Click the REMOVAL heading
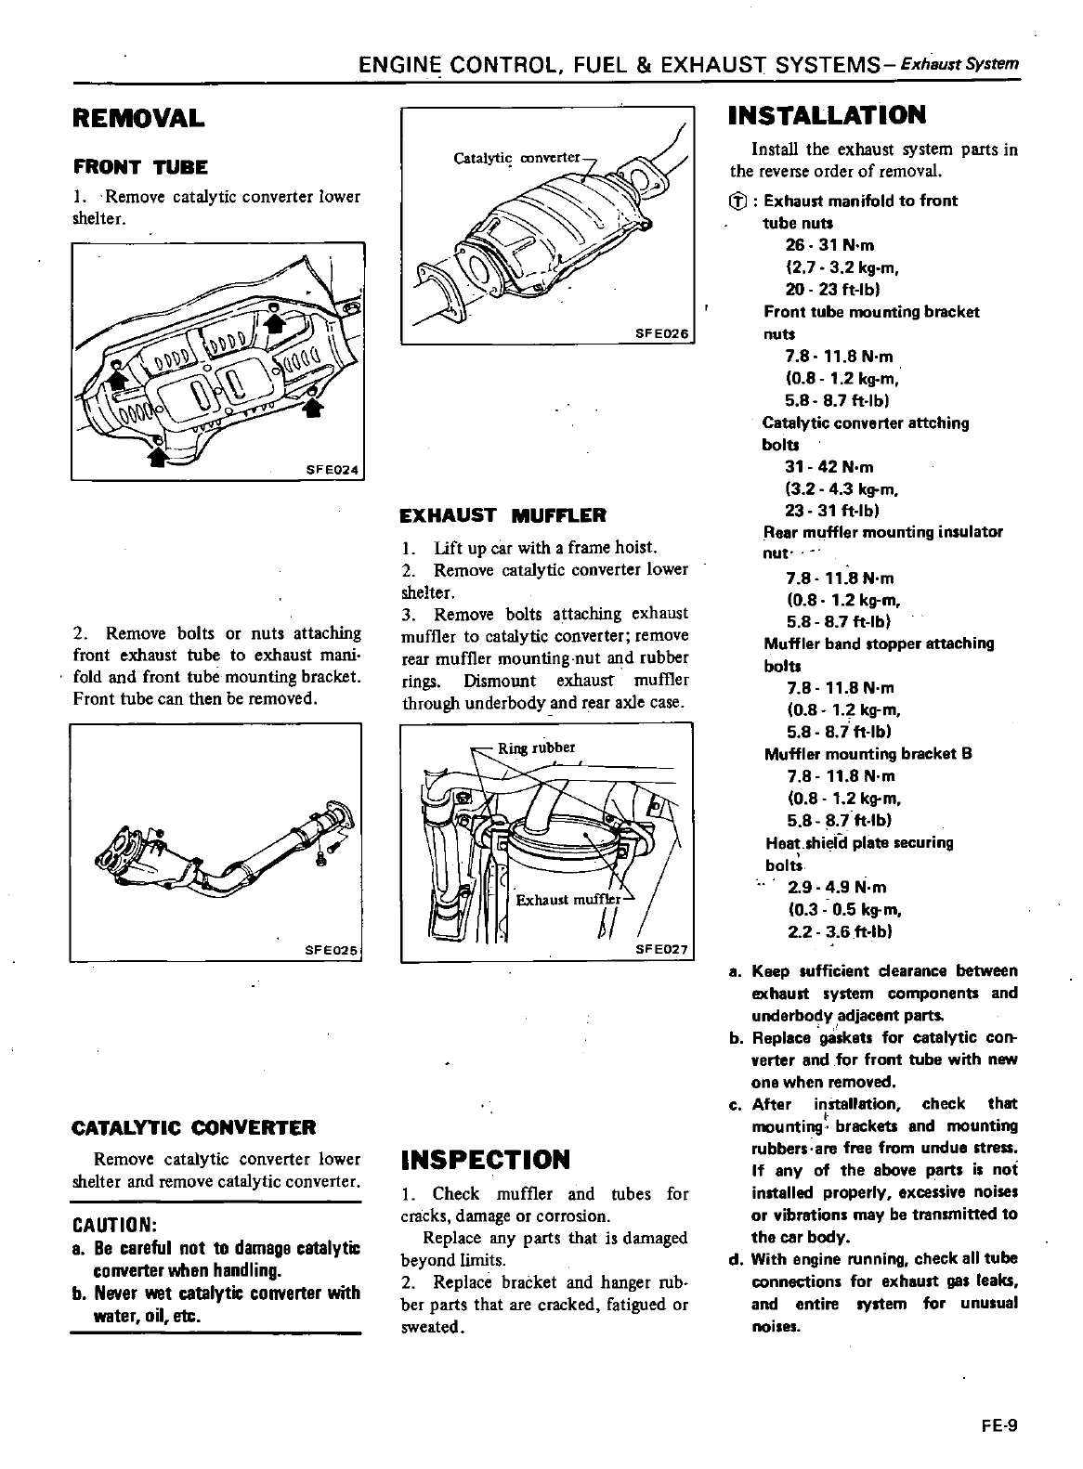pyautogui.click(x=138, y=119)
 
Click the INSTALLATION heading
pyautogui.click(x=828, y=115)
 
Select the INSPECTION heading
pyautogui.click(x=484, y=1160)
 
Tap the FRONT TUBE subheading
pyautogui.click(x=140, y=168)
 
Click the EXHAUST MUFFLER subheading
pyautogui.click(x=502, y=515)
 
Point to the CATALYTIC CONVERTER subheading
pyautogui.click(x=194, y=1128)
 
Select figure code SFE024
pyautogui.click(x=332, y=470)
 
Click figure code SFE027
pyautogui.click(x=661, y=950)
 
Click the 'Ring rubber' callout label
pyautogui.click(x=537, y=747)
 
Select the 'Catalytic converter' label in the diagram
pyautogui.click(x=516, y=158)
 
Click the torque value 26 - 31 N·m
pyautogui.click(x=829, y=246)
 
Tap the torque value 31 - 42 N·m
pyautogui.click(x=829, y=468)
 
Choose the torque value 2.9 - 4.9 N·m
pyautogui.click(x=837, y=887)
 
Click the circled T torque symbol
pyautogui.click(x=737, y=201)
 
